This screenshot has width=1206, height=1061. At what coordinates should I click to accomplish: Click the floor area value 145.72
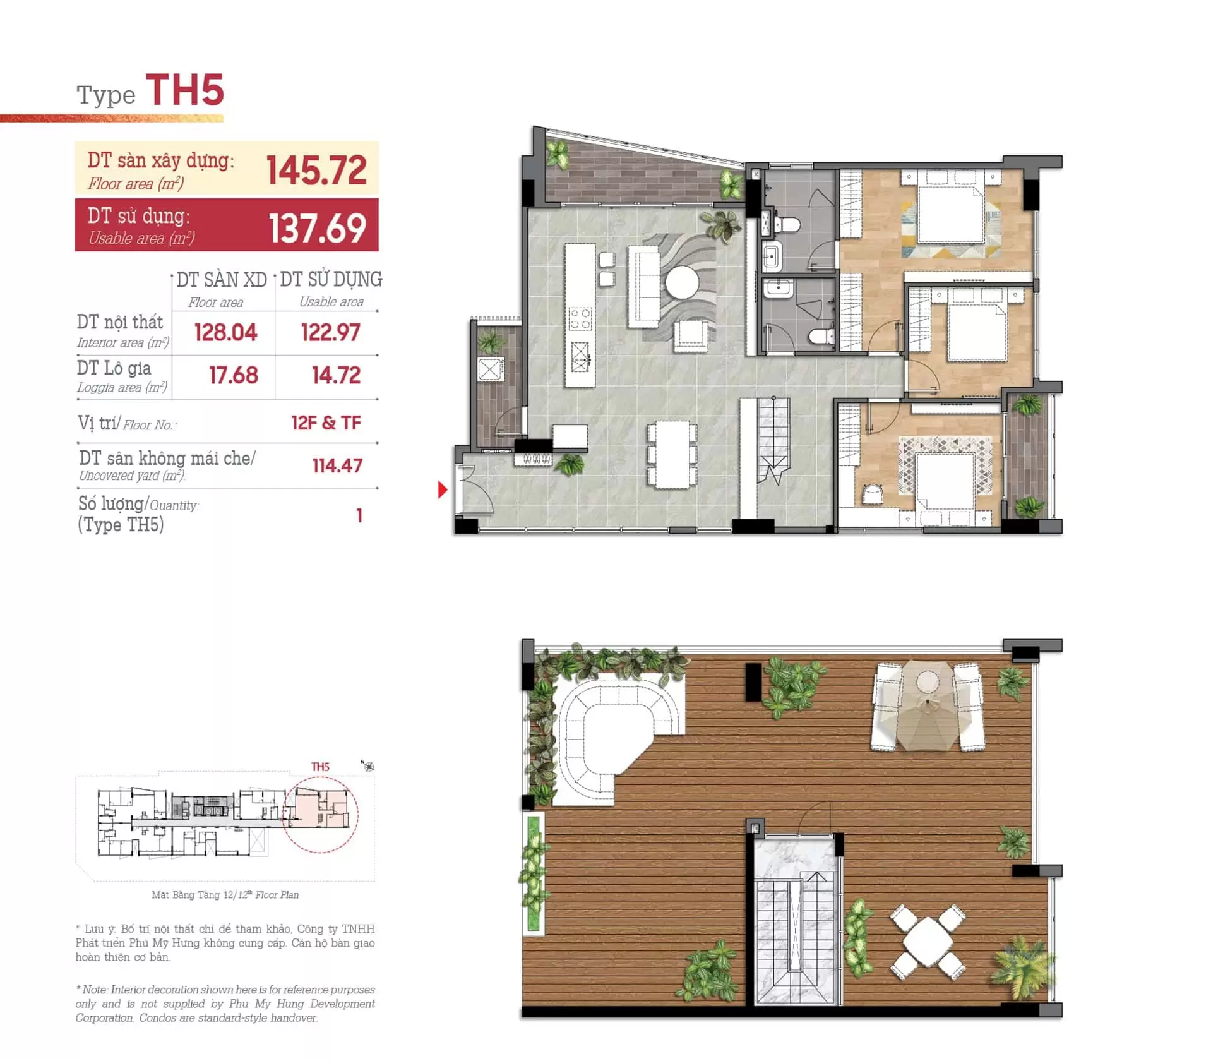click(x=316, y=170)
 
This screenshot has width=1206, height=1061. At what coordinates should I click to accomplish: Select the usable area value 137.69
click(x=318, y=228)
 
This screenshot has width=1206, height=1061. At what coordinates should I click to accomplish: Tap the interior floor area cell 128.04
click(x=225, y=333)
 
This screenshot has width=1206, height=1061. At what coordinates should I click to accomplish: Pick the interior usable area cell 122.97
click(x=330, y=333)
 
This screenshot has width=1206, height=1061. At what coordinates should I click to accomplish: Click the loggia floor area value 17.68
click(x=234, y=376)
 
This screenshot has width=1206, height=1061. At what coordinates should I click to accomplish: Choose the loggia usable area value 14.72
click(x=336, y=376)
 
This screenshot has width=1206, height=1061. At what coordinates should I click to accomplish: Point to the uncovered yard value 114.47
click(x=337, y=466)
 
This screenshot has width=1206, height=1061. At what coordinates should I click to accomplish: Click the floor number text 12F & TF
click(x=326, y=423)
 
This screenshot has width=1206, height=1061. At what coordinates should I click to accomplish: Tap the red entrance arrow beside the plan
click(x=443, y=489)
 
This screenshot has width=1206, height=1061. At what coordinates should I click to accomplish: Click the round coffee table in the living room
click(x=682, y=282)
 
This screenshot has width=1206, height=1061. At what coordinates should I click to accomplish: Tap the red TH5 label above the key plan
click(x=320, y=767)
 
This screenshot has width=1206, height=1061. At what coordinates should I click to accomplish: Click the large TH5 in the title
click(x=185, y=90)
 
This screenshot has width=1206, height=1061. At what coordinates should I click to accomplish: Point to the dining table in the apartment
click(x=672, y=455)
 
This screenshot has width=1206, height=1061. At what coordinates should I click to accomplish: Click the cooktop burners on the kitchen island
click(x=580, y=318)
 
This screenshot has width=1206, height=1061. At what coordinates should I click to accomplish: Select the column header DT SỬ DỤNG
click(x=331, y=279)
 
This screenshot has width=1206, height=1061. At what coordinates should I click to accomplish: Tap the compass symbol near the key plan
click(x=367, y=766)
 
